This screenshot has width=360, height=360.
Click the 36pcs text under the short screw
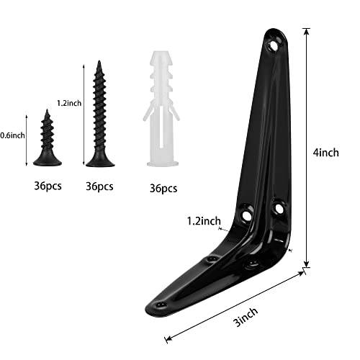click(48, 186)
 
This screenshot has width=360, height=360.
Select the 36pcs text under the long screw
click(99, 186)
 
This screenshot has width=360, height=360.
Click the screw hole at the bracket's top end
click(274, 45)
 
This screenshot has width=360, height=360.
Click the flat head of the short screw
click(48, 159)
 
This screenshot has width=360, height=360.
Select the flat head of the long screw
click(99, 162)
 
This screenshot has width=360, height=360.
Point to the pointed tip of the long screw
click(99, 63)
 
